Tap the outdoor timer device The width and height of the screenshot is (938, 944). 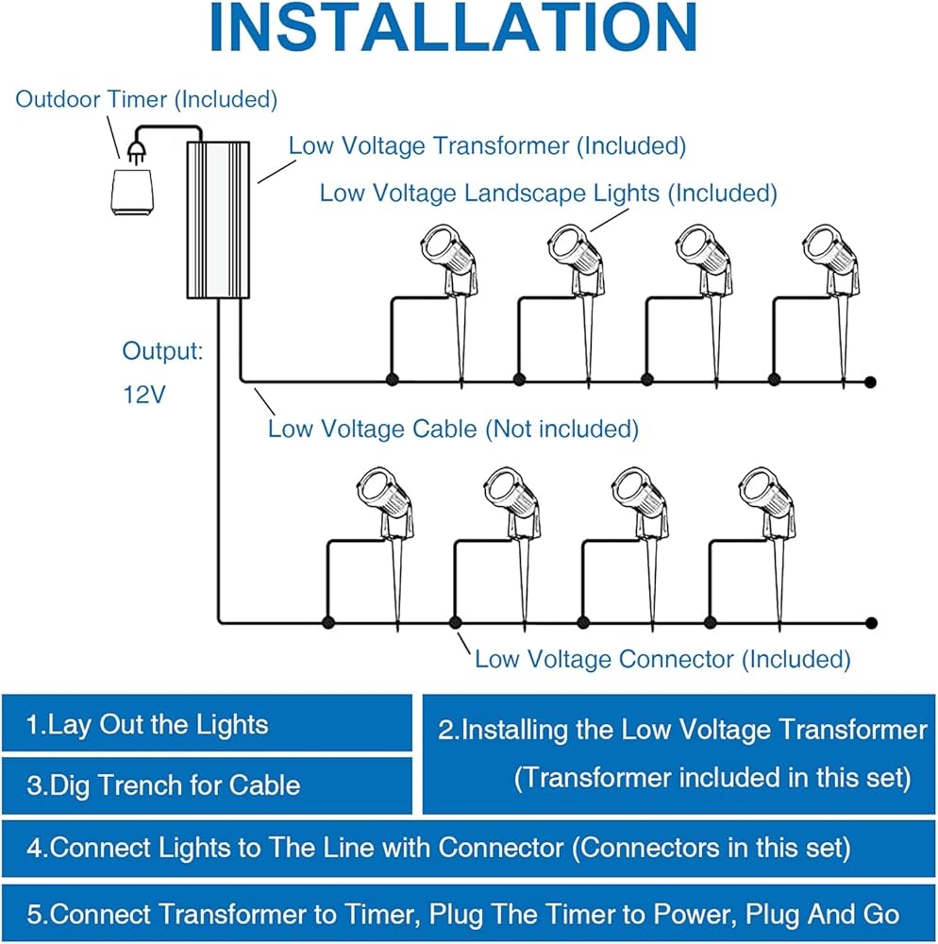(131, 193)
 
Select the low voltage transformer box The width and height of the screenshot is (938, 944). (218, 219)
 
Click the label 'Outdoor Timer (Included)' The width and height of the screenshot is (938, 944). (146, 98)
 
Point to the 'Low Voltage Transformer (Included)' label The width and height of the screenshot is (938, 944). (487, 146)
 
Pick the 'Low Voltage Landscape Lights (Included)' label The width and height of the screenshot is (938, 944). (548, 194)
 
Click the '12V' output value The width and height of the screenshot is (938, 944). (143, 395)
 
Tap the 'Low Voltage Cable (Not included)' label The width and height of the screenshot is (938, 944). (453, 429)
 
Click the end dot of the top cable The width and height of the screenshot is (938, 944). (871, 381)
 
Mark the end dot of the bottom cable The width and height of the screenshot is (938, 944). (871, 623)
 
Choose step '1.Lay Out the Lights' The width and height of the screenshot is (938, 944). (147, 725)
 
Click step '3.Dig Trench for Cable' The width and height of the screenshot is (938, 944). (162, 785)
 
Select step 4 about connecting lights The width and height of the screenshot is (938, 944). (438, 848)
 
